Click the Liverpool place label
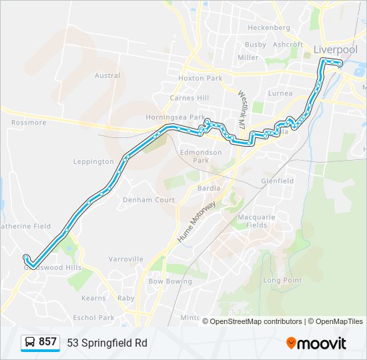[335, 49]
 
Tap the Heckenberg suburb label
[269, 28]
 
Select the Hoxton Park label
[200, 78]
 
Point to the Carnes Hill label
[190, 98]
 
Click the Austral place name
[107, 76]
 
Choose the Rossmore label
[29, 123]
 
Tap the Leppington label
[93, 162]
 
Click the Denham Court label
[148, 200]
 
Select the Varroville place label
[126, 259]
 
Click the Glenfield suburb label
[277, 181]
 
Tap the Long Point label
[282, 280]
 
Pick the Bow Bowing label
[169, 282]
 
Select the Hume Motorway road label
[196, 221]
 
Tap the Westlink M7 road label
[243, 109]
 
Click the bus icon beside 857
[30, 343]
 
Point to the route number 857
[47, 342]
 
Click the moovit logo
[316, 343]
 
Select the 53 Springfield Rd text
[107, 343]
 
